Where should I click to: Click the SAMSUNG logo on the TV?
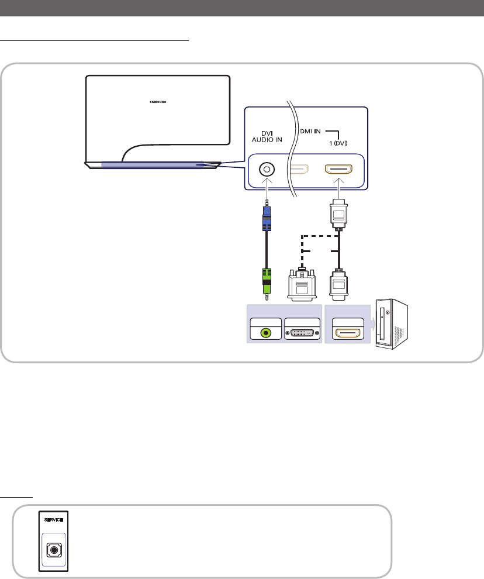(x=157, y=100)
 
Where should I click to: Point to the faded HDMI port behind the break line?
(x=299, y=170)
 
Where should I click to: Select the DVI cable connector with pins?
(x=302, y=284)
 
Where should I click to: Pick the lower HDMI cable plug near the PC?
(x=339, y=285)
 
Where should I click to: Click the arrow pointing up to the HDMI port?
(x=339, y=186)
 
